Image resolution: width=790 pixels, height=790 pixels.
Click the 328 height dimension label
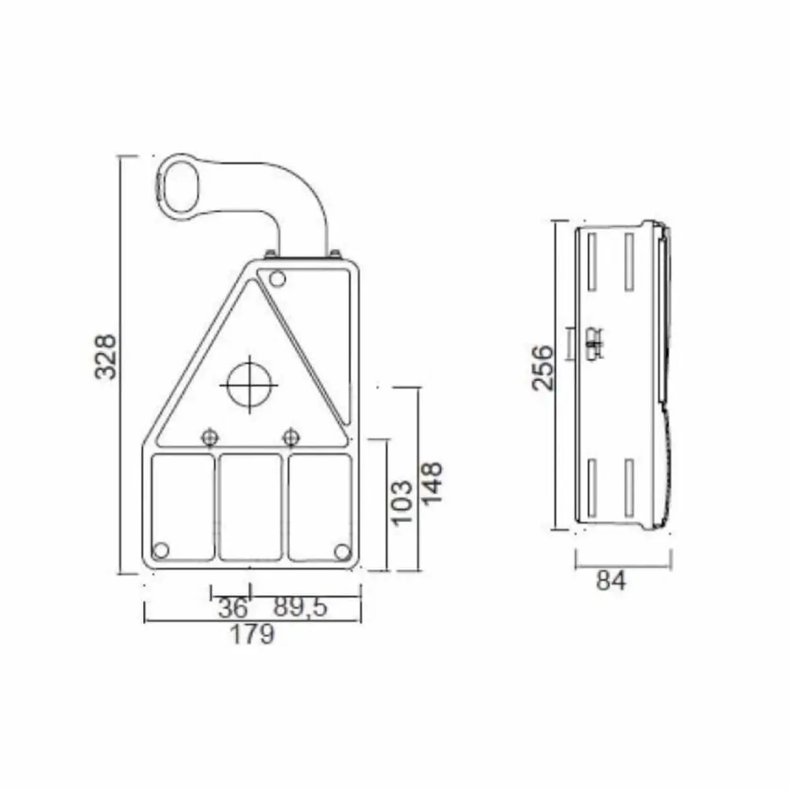(106, 355)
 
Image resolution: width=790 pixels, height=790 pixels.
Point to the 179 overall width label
(252, 634)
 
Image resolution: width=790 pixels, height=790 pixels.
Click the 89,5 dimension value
(300, 607)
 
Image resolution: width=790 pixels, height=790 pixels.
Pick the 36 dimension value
(234, 607)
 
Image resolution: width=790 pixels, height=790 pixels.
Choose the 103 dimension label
(402, 503)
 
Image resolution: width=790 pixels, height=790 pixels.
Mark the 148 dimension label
(432, 483)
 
